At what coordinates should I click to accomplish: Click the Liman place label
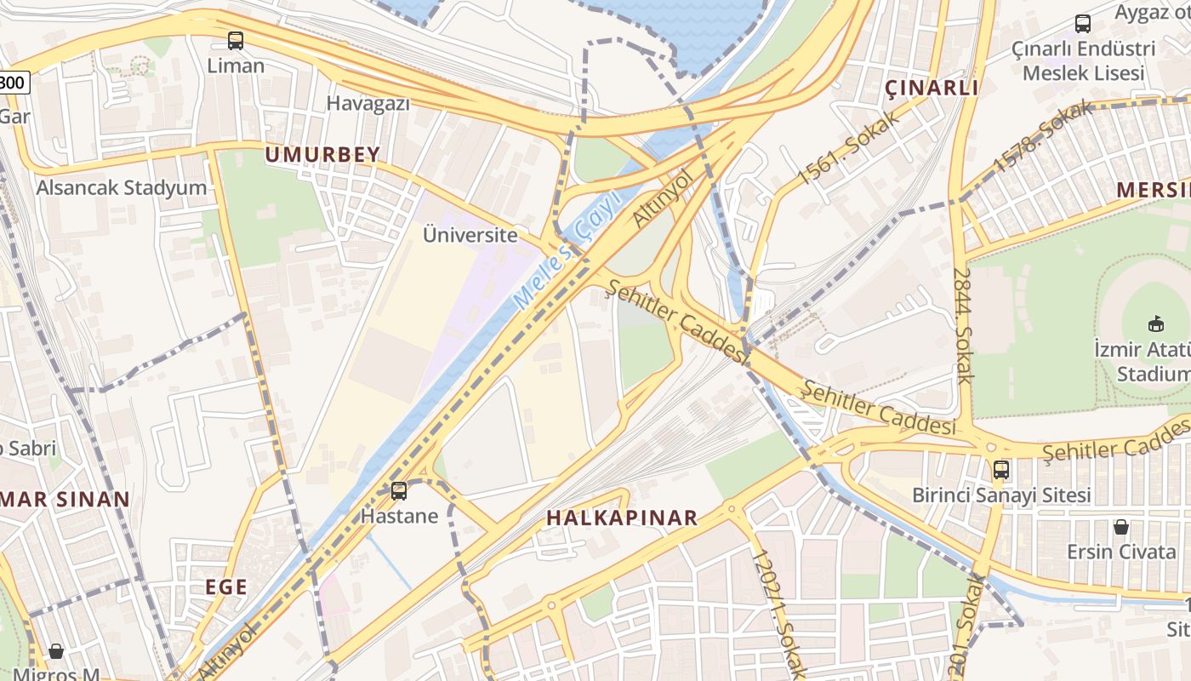click(236, 66)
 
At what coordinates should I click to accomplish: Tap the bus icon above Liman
click(236, 40)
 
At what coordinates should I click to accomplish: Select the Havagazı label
click(368, 104)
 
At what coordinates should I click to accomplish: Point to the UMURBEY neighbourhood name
click(322, 155)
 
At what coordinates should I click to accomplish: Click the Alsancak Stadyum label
click(121, 188)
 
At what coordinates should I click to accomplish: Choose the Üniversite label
click(470, 235)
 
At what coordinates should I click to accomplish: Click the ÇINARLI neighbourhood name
click(932, 88)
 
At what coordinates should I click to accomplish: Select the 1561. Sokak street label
click(848, 148)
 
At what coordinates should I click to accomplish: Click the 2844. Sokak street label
click(962, 325)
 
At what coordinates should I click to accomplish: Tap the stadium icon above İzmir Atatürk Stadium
click(1155, 323)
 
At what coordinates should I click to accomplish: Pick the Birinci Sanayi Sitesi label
click(1001, 495)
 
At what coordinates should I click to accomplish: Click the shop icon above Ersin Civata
click(1121, 527)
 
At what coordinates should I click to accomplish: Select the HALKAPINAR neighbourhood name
click(622, 518)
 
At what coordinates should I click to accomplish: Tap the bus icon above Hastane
click(399, 491)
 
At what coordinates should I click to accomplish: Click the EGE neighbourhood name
click(226, 587)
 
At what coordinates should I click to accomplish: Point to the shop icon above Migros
click(56, 651)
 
